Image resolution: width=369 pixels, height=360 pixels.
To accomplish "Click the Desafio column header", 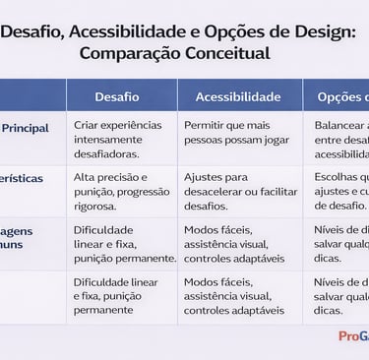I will point(117,97).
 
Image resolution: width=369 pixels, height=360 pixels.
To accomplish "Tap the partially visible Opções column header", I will point(342,97).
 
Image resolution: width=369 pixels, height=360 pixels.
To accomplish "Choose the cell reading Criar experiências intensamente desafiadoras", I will point(121,140).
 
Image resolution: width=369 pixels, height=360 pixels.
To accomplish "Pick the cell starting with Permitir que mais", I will point(237,140).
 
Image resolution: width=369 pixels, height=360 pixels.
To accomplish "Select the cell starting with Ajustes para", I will point(237,185).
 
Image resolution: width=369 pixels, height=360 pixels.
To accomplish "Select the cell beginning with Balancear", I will point(340,140).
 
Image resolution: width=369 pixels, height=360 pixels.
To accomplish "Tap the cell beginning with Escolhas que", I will point(340,192).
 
